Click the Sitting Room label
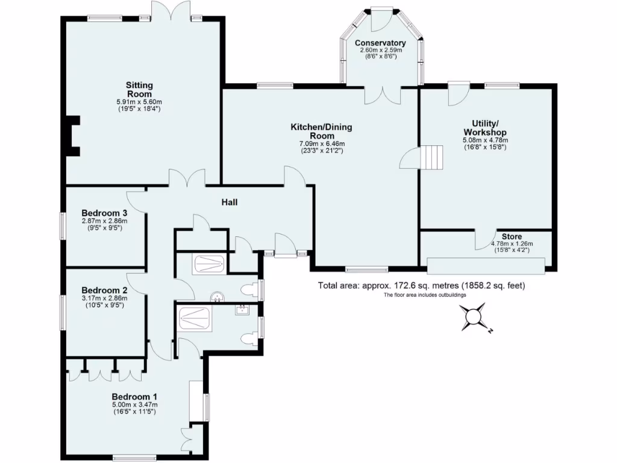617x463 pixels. coord(139,89)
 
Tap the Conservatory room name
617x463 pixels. coord(380,43)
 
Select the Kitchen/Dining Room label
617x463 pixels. coord(321,131)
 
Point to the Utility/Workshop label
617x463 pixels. coord(484,128)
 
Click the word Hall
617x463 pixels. coord(228,203)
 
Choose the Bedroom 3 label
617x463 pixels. coord(104,213)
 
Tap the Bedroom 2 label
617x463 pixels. coord(104,289)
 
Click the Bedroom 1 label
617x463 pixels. coord(134,396)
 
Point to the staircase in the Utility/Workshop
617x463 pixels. coord(432,158)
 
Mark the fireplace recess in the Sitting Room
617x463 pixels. coord(72,136)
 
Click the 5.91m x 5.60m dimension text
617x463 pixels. coord(139,102)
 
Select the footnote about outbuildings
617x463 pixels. coord(424,295)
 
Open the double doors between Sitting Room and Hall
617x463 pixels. coord(187,179)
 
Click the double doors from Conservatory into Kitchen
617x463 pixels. coord(382,95)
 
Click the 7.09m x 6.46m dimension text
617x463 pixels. coord(321,144)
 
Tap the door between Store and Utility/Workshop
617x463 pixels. coord(485,239)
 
